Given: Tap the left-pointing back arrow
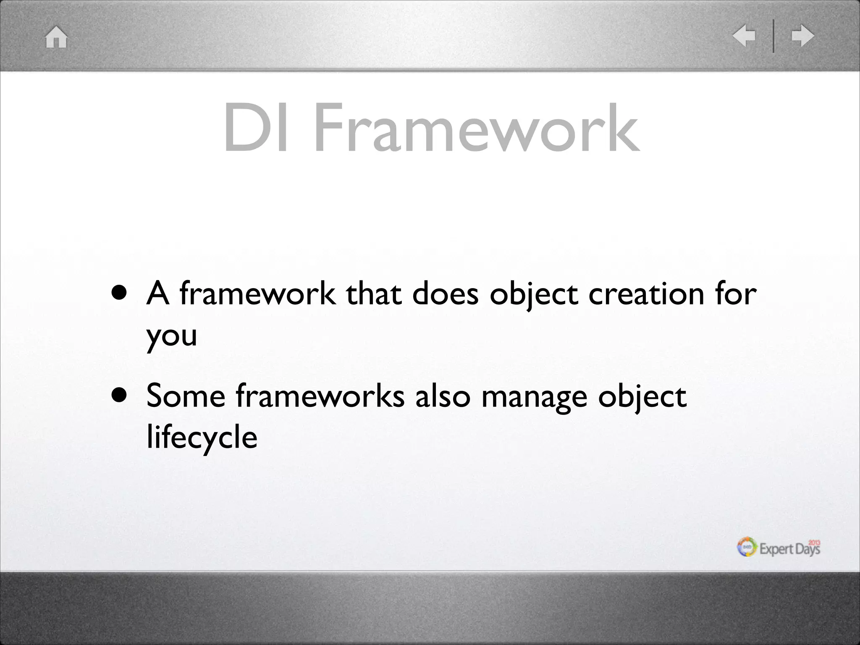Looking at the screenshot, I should pos(744,36).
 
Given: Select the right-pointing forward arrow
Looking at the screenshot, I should pos(803,36).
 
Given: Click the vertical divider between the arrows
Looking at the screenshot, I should pos(773,36).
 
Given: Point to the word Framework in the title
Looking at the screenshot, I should pos(477,128).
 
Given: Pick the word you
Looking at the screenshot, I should pos(172,336).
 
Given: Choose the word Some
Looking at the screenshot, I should pos(186,396).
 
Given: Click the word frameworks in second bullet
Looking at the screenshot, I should pos(320,396).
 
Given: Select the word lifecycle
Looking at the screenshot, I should pos(202,437).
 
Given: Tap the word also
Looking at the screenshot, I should pos(443,396).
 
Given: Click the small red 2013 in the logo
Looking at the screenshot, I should pos(814,543).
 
